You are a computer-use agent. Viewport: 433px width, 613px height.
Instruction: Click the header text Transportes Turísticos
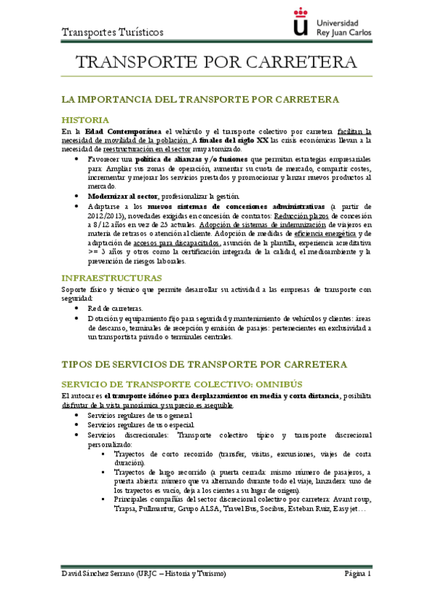click(112, 32)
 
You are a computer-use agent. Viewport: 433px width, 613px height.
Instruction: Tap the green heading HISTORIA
click(85, 119)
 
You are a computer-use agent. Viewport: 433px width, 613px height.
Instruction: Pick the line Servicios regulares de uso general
click(140, 416)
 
